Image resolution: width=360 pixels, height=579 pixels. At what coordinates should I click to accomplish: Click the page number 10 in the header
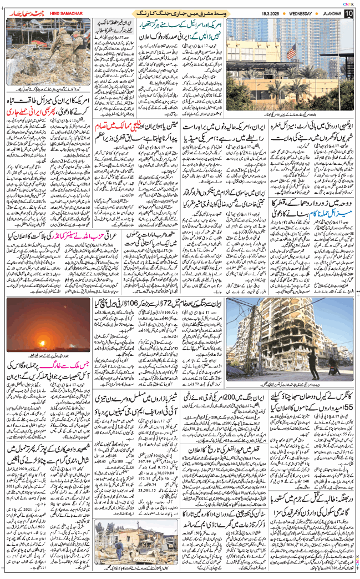[348, 13]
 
